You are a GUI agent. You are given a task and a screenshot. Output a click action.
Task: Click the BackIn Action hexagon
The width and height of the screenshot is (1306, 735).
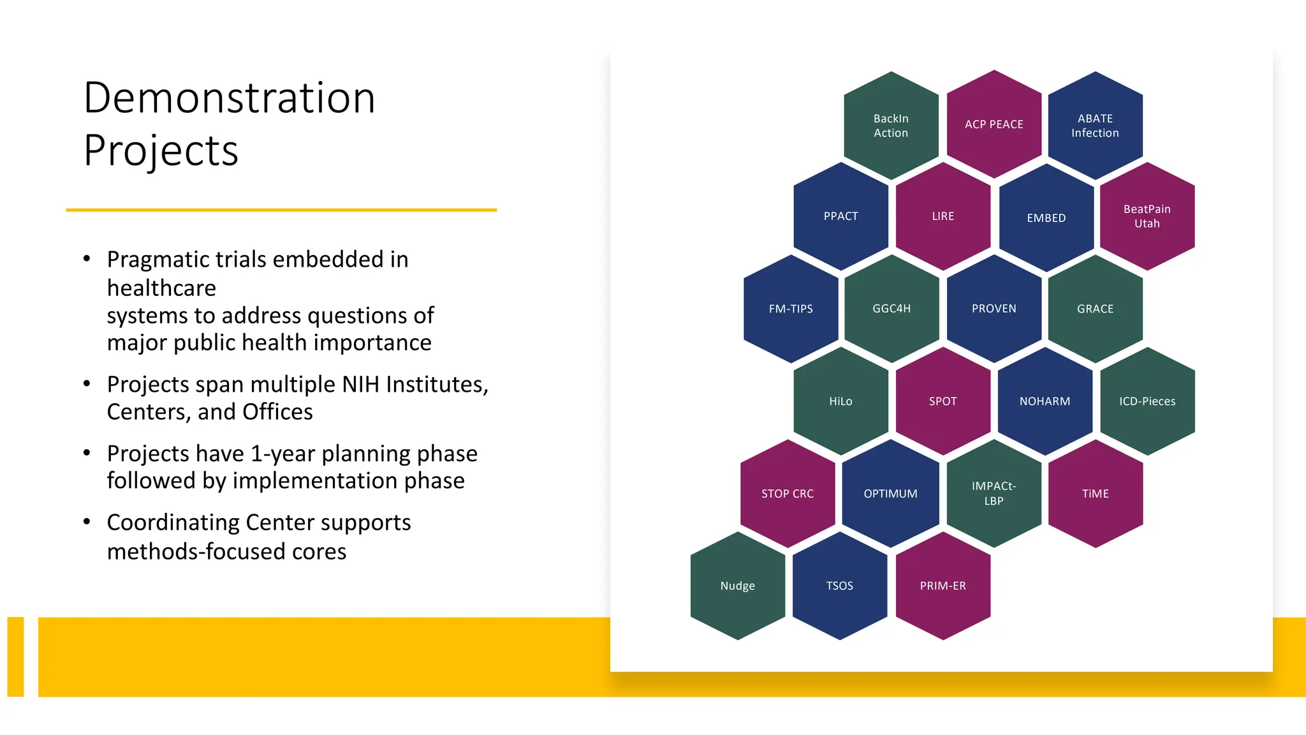click(891, 126)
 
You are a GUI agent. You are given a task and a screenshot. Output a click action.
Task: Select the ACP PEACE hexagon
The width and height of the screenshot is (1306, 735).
click(994, 124)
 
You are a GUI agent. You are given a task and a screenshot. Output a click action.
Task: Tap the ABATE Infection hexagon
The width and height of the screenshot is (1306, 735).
click(1095, 126)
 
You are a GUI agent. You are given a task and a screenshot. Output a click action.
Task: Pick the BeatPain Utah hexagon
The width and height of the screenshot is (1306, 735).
click(1147, 216)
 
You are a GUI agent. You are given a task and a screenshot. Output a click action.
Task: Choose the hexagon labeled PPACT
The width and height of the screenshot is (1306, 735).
click(840, 216)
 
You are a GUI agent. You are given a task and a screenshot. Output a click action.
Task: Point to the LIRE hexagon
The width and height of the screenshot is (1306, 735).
click(943, 216)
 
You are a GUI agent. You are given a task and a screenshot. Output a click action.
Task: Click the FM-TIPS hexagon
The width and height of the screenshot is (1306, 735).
click(791, 309)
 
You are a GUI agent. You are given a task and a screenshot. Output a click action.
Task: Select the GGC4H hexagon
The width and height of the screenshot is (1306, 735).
click(891, 309)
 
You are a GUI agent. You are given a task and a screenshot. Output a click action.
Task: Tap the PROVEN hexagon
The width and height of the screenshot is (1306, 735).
click(994, 309)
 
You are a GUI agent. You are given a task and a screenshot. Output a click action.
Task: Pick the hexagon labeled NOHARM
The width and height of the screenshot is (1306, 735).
click(1045, 401)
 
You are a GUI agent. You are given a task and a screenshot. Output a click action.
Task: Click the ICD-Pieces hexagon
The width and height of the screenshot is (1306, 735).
click(1147, 401)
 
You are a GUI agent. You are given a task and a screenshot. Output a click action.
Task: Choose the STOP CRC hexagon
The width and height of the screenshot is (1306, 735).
click(788, 494)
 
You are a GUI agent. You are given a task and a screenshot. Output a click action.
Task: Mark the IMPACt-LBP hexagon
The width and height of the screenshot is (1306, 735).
click(994, 493)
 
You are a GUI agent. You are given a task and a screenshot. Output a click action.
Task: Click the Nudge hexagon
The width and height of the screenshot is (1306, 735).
click(738, 586)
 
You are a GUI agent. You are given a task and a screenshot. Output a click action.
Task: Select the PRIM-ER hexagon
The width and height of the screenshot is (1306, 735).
click(943, 586)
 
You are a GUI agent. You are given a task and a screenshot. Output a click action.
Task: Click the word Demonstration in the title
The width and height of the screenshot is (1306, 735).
click(230, 98)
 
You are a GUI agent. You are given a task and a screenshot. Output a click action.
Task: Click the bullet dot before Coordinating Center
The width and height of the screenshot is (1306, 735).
click(87, 522)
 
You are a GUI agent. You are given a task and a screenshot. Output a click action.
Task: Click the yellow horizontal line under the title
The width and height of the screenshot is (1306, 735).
click(281, 209)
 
